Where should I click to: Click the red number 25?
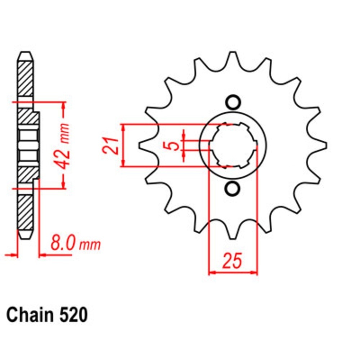(x=232, y=261)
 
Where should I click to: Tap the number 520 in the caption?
(x=73, y=315)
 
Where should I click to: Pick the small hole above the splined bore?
(x=233, y=102)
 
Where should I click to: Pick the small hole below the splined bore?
(x=232, y=188)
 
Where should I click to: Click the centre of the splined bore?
(x=233, y=145)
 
